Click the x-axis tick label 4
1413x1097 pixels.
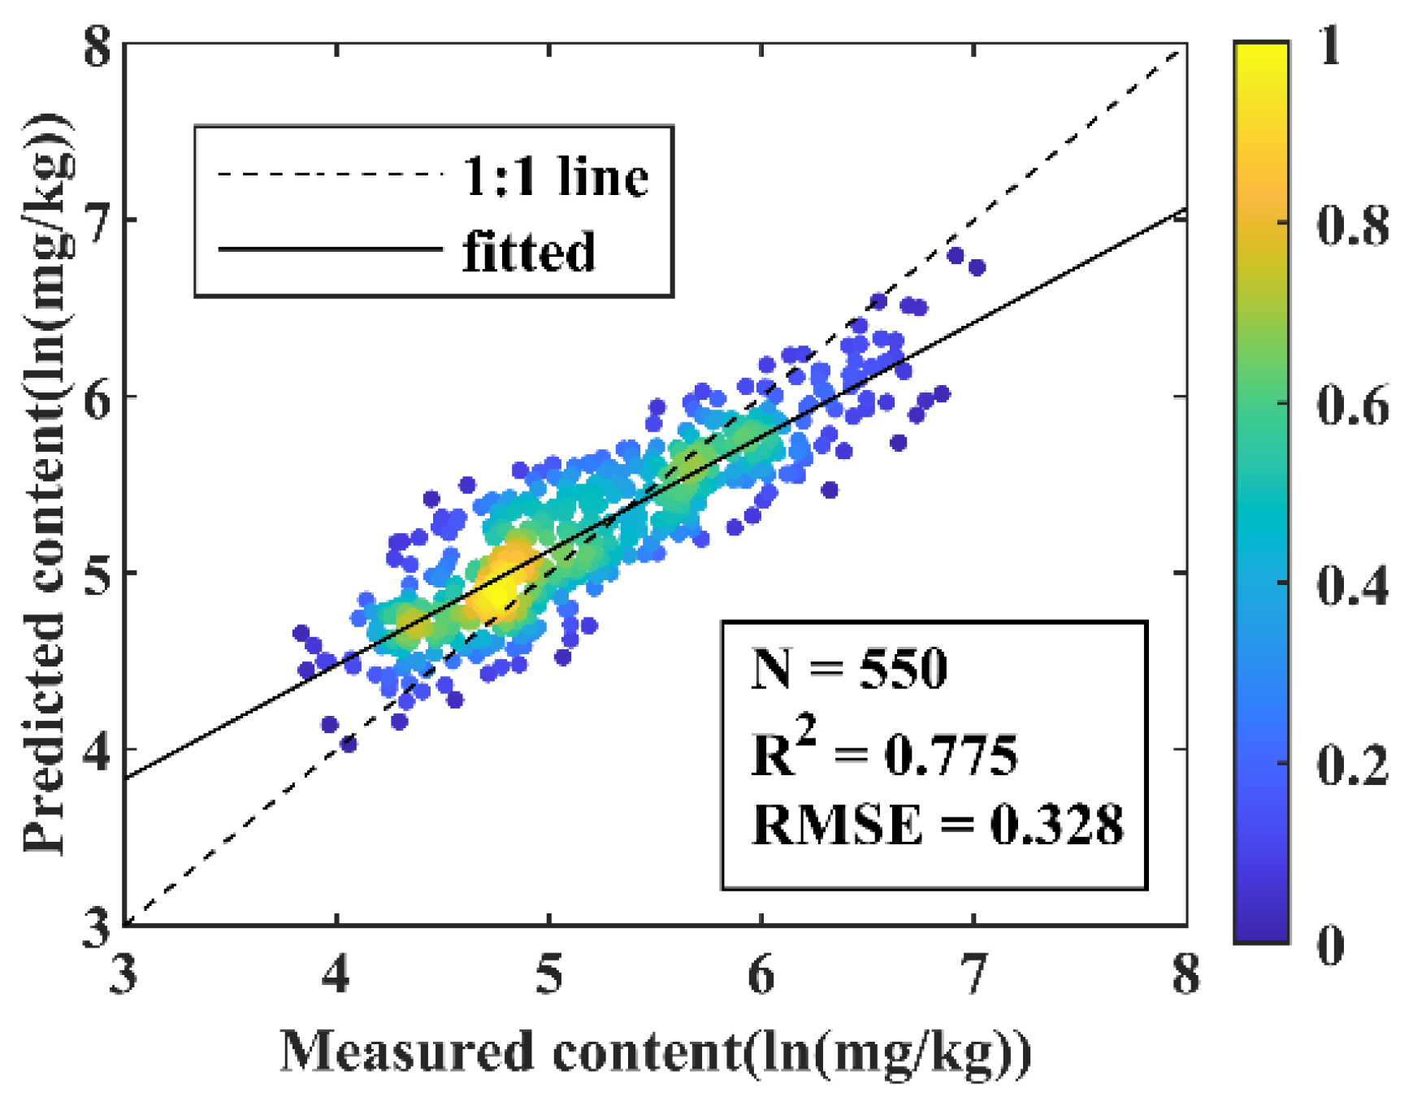pyautogui.click(x=336, y=974)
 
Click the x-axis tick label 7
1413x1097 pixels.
pyautogui.click(x=973, y=974)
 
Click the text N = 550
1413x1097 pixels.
pyautogui.click(x=849, y=670)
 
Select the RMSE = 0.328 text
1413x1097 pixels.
pyautogui.click(x=938, y=824)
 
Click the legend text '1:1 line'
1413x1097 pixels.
pyautogui.click(x=556, y=176)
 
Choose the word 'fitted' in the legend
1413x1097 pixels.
pyautogui.click(x=529, y=251)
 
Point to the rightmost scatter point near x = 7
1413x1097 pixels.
pyautogui.click(x=977, y=267)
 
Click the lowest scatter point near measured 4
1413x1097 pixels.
pyautogui.click(x=349, y=744)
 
